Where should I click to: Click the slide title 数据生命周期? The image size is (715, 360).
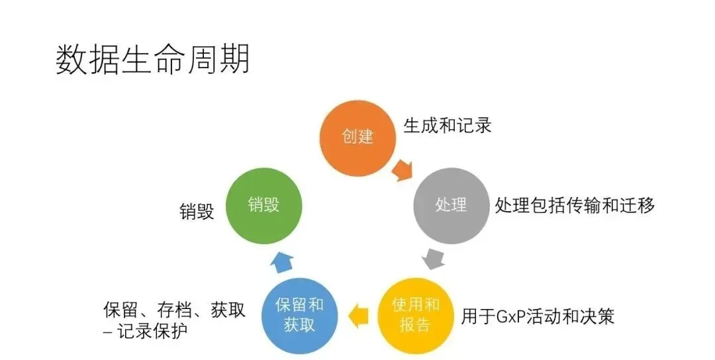click(153, 60)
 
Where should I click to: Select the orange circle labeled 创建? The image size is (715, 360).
click(358, 137)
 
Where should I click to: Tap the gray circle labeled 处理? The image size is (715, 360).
click(451, 205)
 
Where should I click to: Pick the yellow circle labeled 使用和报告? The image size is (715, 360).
click(416, 315)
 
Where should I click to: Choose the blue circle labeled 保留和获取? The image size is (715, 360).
click(299, 315)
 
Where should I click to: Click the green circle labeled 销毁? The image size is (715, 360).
click(263, 204)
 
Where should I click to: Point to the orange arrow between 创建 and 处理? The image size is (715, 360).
click(401, 171)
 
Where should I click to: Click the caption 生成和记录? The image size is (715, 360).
click(448, 126)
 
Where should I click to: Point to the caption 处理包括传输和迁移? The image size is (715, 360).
click(575, 205)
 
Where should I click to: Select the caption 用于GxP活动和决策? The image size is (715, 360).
click(538, 316)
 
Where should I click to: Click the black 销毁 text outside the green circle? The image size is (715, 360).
click(197, 212)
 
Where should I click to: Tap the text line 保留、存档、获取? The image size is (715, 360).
click(175, 310)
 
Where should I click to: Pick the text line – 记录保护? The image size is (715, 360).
click(145, 331)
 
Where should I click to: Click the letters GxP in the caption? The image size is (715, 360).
click(510, 316)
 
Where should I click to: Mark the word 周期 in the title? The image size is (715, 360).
click(226, 60)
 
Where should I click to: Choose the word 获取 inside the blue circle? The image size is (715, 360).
click(299, 325)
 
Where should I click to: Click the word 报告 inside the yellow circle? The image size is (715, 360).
click(416, 325)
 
